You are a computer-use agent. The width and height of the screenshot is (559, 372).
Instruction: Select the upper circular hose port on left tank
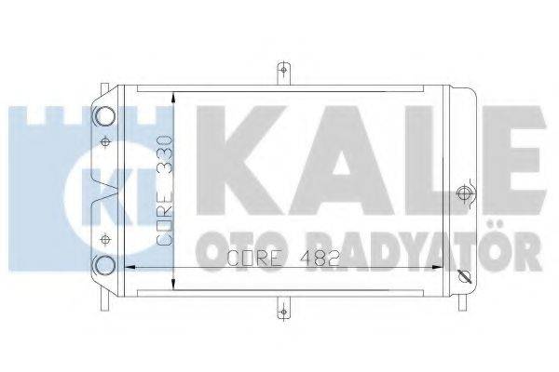pyautogui.click(x=103, y=116)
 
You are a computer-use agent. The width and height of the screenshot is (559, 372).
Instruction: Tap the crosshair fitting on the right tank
pyautogui.click(x=464, y=194)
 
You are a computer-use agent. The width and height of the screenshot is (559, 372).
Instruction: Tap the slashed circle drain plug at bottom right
pyautogui.click(x=465, y=276)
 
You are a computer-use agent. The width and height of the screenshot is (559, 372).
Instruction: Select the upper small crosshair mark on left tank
pyautogui.click(x=104, y=141)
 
